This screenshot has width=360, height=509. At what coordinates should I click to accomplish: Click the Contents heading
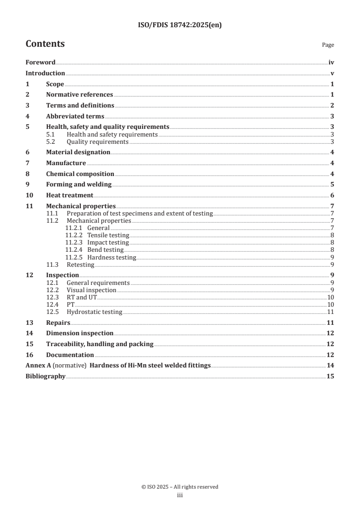coord(45,44)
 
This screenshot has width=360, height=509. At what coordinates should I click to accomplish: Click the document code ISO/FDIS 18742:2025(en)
coord(179,25)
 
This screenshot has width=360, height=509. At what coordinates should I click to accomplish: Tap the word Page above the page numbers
coord(328,45)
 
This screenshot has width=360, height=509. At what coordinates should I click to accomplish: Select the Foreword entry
coord(40,63)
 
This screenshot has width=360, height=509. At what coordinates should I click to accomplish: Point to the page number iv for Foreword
coord(331,63)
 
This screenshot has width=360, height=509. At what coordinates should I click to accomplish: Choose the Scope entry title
coord(55,84)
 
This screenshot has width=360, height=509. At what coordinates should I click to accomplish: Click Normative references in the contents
coord(79,95)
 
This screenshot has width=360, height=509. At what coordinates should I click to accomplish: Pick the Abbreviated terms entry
coord(75,116)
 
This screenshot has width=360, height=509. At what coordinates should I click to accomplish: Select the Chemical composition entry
coord(80,174)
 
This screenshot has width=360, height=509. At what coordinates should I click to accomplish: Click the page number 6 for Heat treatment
coord(332,196)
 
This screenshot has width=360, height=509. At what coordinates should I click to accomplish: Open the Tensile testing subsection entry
coord(108,235)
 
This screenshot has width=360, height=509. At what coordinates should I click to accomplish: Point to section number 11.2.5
coord(74,257)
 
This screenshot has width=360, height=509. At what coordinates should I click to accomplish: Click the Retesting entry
coord(80,264)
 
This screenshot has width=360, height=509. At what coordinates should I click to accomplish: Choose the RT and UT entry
coord(82,297)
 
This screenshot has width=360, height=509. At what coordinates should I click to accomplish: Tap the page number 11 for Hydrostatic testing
coord(331,312)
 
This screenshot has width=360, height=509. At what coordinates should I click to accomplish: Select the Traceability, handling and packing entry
coord(99,344)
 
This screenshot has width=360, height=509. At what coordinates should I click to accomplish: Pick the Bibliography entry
coord(45,377)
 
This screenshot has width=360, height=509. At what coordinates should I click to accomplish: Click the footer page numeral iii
coord(180,495)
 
